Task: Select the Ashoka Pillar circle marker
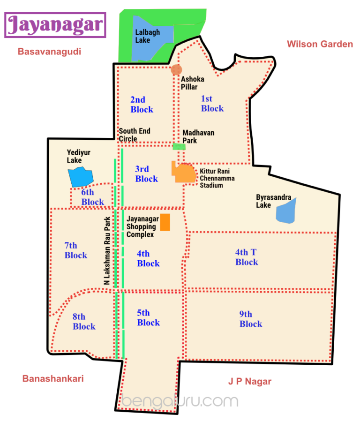point(176,70)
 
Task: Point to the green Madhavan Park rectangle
point(179,147)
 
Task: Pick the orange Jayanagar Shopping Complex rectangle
point(165,222)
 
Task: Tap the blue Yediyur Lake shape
point(81,176)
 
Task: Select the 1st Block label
point(212,104)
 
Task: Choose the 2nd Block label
point(142,105)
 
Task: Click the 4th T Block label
point(247,257)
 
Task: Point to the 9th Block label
point(250,319)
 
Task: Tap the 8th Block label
point(84,322)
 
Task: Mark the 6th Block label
point(92,197)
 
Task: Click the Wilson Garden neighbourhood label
point(320,44)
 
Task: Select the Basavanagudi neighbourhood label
point(49,52)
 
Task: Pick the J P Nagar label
point(250,381)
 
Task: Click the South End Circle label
point(135,135)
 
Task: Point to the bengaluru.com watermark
point(180,401)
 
